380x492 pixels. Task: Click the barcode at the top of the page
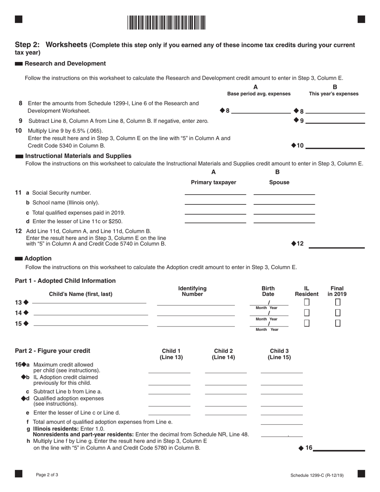(x=166, y=23)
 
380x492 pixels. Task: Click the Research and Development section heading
(x=65, y=64)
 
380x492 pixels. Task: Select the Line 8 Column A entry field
(x=261, y=110)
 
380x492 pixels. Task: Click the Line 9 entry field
(x=335, y=120)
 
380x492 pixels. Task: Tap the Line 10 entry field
(x=335, y=145)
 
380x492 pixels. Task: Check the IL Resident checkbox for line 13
(x=307, y=302)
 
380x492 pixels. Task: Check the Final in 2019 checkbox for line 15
(x=338, y=323)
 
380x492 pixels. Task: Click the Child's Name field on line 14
(x=91, y=312)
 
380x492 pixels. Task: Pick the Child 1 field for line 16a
(x=169, y=370)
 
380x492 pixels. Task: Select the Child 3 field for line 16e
(x=282, y=412)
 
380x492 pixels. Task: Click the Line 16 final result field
(x=339, y=448)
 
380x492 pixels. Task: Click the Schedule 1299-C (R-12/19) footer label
(x=317, y=476)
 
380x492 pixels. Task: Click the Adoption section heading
(x=38, y=259)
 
